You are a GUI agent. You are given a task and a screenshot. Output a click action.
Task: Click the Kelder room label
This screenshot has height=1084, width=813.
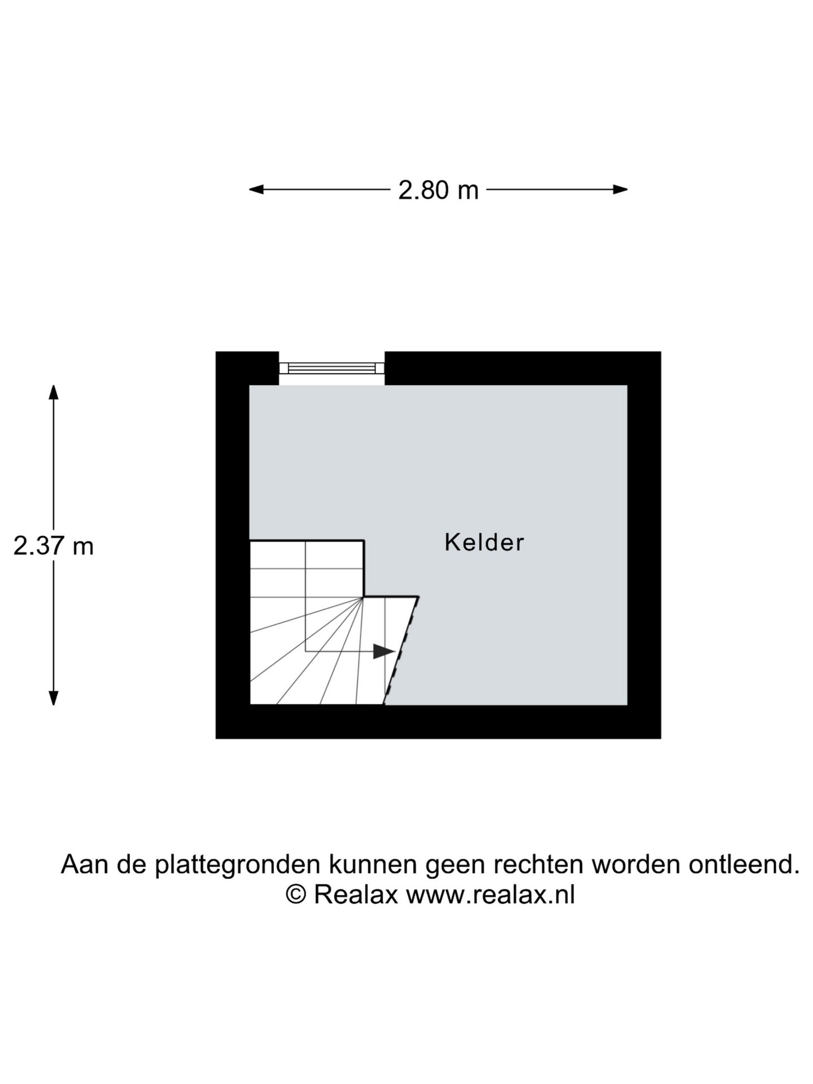click(484, 542)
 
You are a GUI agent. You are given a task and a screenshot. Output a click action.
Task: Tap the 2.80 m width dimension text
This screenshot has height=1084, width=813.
click(438, 190)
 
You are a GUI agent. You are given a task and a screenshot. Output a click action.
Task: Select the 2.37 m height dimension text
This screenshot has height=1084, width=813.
click(54, 546)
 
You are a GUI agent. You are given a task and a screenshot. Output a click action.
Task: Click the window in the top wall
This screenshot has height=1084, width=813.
click(332, 368)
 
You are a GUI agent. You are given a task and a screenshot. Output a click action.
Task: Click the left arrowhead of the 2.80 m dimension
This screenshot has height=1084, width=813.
click(256, 190)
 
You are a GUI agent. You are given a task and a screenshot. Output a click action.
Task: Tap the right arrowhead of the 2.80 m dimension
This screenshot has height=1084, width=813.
click(620, 190)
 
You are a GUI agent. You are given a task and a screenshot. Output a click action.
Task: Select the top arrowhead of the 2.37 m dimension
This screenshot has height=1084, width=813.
click(54, 392)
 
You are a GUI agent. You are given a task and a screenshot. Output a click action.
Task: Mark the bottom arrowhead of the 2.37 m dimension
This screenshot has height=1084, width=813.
click(54, 698)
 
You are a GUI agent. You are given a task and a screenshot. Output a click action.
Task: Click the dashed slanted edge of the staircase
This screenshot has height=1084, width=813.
click(401, 650)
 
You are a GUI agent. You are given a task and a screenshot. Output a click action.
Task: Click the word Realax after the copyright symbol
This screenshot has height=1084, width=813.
click(356, 895)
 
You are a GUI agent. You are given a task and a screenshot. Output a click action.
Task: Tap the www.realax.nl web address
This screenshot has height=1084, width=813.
click(490, 895)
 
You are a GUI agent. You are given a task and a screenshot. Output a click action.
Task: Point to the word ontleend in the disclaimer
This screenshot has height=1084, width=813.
click(744, 864)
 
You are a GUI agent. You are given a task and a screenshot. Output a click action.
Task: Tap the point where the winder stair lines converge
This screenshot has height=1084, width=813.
click(363, 597)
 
